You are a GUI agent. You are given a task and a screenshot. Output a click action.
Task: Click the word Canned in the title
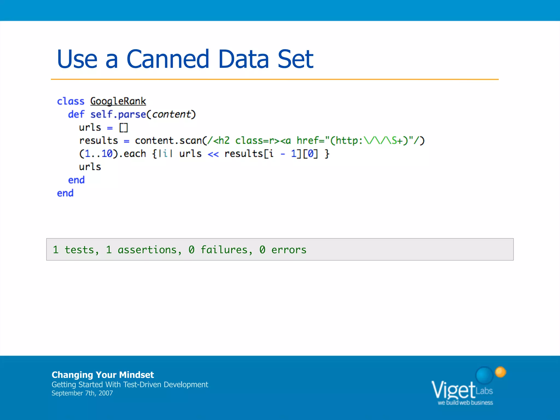168,59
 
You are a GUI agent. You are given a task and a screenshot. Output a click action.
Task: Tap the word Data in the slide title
243,59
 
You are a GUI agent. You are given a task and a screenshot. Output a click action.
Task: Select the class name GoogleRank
118,101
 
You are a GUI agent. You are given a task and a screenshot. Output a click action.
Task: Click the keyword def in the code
76,114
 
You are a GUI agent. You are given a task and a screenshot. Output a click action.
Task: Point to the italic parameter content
171,114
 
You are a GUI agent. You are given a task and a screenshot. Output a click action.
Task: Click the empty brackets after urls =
124,128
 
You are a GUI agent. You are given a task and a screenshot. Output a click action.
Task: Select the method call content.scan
168,141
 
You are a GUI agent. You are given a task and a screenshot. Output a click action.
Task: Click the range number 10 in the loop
107,154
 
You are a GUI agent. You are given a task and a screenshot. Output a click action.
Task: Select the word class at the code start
71,101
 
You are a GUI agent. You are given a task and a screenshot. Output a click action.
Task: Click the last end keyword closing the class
65,193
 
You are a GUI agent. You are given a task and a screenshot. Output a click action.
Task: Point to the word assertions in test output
147,250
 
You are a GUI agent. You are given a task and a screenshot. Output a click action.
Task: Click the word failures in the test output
224,250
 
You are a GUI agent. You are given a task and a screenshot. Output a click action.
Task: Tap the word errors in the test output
289,250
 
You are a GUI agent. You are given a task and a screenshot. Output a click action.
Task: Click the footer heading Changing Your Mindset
103,375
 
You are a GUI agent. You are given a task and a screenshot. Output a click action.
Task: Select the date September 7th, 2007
82,393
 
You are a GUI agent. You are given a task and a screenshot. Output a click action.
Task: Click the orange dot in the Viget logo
500,372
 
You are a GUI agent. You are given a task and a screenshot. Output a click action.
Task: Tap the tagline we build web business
465,403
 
